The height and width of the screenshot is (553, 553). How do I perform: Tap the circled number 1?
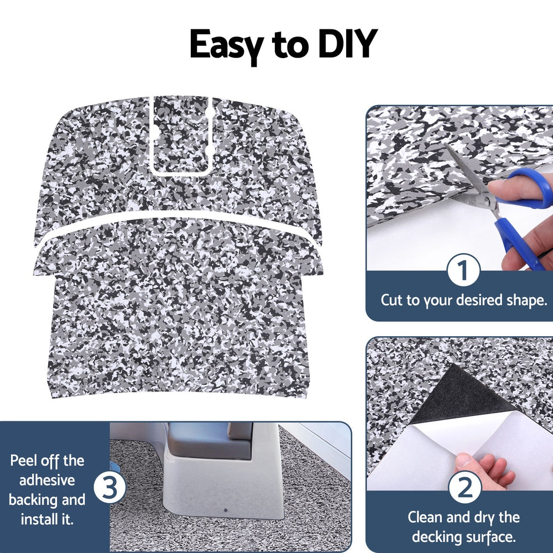(462, 270)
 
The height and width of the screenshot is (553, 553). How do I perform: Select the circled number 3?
(109, 489)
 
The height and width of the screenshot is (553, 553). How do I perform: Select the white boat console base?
(221, 481)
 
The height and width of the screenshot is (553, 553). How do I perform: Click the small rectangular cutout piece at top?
(181, 133)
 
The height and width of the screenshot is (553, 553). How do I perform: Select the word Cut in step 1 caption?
(392, 301)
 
